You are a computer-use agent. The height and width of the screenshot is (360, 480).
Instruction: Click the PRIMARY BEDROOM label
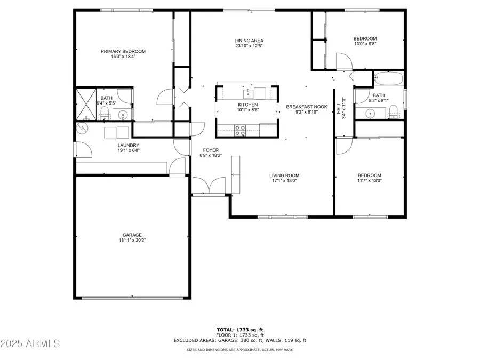pos(123,51)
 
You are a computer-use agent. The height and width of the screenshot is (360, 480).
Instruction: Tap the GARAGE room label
pos(132,235)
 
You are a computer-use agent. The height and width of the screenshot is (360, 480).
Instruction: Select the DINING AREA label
pos(249,41)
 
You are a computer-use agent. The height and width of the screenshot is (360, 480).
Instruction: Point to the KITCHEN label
pos(248,105)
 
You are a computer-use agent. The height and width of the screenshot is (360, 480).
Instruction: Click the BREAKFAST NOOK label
pos(306,107)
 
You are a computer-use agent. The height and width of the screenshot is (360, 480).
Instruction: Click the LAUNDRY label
pos(129,145)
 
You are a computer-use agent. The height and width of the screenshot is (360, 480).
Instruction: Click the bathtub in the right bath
pos(388,79)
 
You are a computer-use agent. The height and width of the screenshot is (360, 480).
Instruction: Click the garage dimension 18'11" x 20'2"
pos(132,241)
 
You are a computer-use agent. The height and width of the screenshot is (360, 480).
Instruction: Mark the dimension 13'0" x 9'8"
pos(365,45)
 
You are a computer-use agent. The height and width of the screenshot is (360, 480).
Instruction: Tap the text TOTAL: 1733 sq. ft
pos(239,330)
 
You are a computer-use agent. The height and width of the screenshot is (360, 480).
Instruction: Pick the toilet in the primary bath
pos(105,113)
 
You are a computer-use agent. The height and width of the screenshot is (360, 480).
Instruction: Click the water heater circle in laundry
pos(83,128)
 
